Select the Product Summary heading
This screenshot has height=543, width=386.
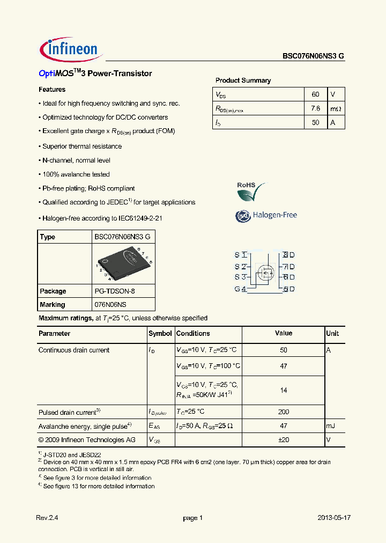pos(243,80)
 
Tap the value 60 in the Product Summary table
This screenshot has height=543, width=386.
pos(315,94)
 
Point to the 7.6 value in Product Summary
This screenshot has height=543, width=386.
pos(315,108)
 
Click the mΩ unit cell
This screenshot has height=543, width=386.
pos(335,109)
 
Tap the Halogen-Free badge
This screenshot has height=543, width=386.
pos(266,215)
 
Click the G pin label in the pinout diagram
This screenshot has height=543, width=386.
pos(237,289)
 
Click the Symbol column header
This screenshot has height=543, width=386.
pos(160,333)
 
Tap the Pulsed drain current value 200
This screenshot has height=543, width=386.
pos(284,412)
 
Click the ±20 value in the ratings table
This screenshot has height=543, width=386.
pos(284,440)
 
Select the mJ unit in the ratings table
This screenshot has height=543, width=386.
pos(330,426)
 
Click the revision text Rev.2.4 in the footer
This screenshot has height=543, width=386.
pos(47,518)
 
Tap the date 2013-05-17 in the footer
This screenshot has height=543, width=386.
pos(333,518)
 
